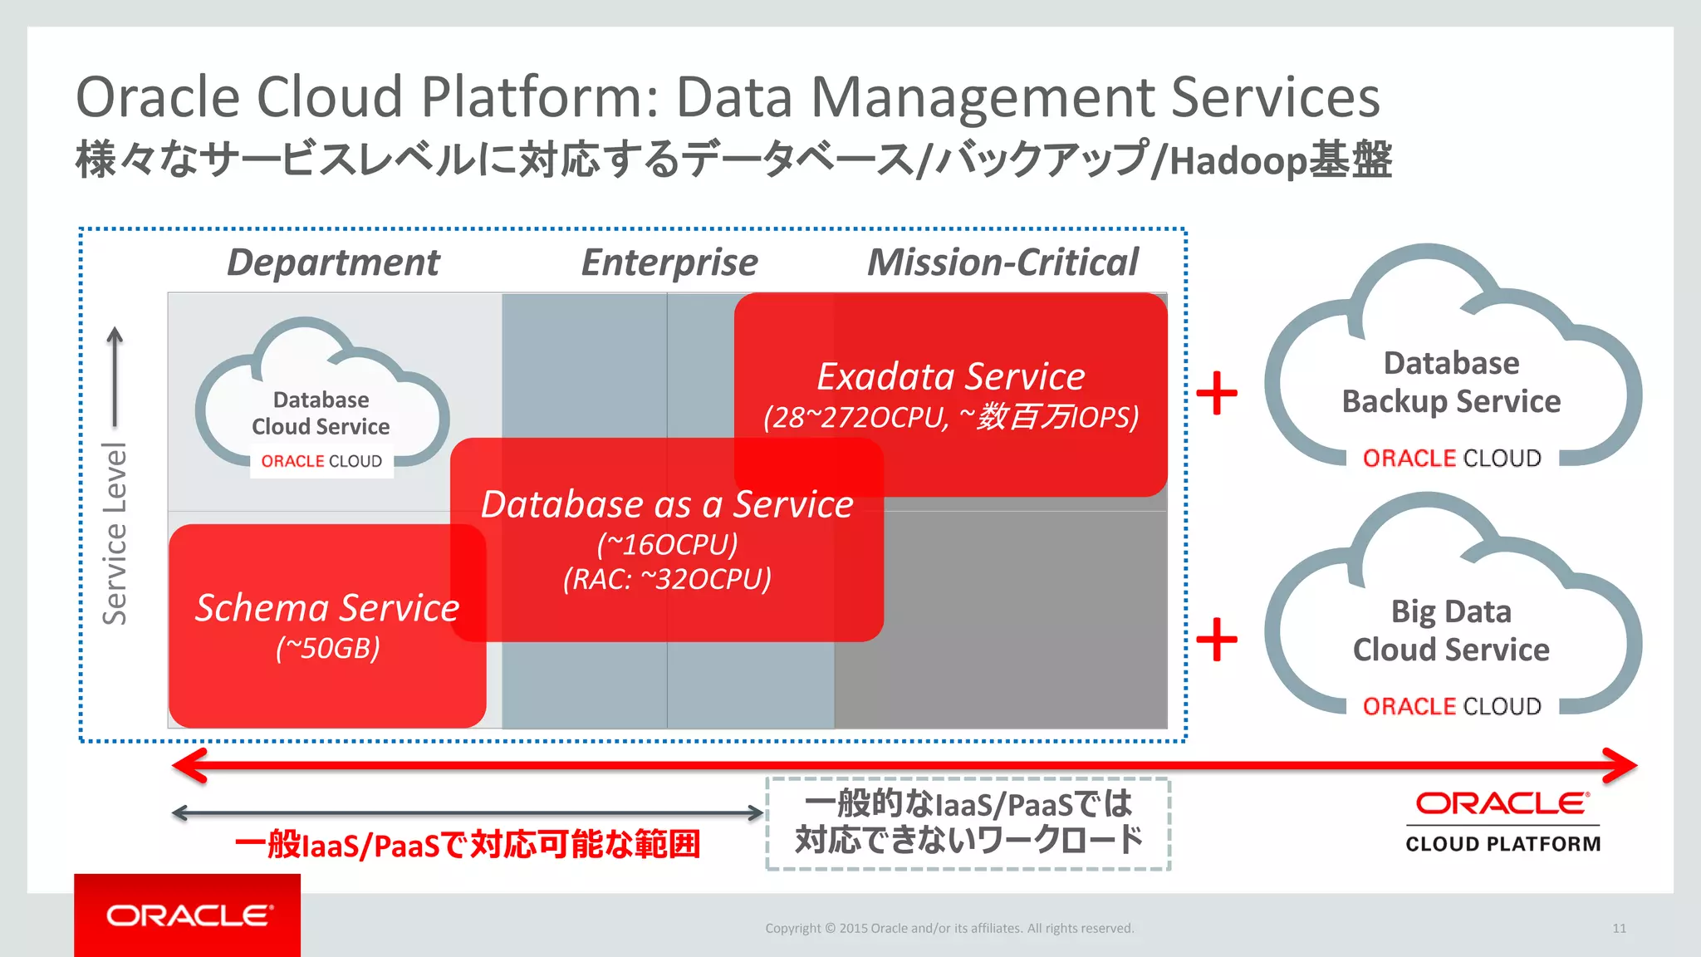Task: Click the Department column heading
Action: click(x=333, y=263)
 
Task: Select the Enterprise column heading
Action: click(x=669, y=263)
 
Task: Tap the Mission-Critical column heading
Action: click(x=1002, y=263)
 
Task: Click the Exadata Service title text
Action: click(x=951, y=376)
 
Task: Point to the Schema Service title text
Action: click(x=327, y=608)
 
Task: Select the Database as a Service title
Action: click(x=667, y=504)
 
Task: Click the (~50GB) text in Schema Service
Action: click(x=327, y=648)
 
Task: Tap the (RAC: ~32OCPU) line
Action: click(x=667, y=578)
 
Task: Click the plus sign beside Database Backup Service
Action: click(x=1217, y=392)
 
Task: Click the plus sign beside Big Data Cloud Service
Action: click(x=1217, y=639)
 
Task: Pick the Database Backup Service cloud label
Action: click(x=1451, y=382)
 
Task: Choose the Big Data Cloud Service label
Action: click(x=1451, y=631)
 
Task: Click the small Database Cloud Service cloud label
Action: click(x=321, y=413)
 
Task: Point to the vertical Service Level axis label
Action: click(x=115, y=533)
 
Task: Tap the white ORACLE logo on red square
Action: click(x=189, y=915)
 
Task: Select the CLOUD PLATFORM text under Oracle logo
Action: click(x=1502, y=844)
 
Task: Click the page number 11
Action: click(x=1619, y=929)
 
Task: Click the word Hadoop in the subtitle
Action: click(x=1238, y=160)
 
